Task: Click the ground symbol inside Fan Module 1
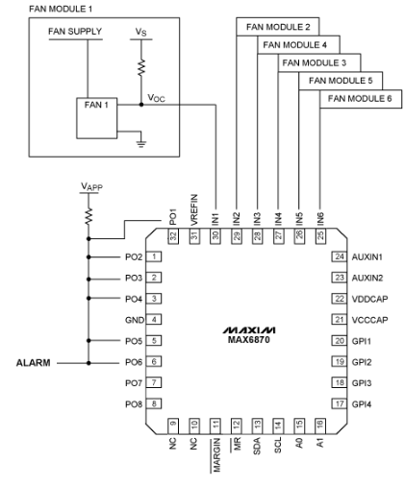[140, 141]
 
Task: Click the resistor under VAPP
[88, 216]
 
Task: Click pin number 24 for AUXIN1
[339, 257]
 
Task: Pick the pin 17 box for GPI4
[339, 404]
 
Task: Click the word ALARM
[34, 363]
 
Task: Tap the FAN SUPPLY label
[74, 32]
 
